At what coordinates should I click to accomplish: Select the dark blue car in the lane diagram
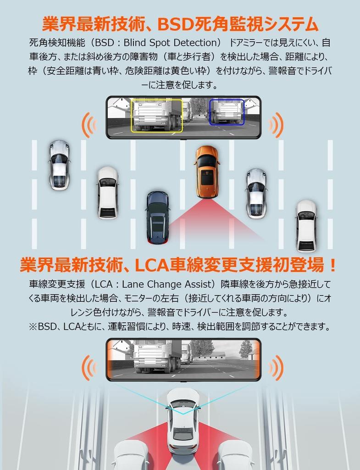coord(157,217)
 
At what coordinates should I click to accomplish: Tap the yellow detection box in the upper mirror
coord(157,115)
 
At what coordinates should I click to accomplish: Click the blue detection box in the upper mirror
coord(227,112)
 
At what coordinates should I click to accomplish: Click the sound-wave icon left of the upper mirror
coord(89,125)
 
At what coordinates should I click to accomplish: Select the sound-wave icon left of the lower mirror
coord(89,367)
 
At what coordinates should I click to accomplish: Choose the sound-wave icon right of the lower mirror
coord(277,367)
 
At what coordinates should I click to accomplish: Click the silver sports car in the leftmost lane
coord(60,165)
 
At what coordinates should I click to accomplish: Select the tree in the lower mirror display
coord(246,349)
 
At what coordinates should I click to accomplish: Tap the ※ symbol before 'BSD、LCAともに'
coord(33,326)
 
